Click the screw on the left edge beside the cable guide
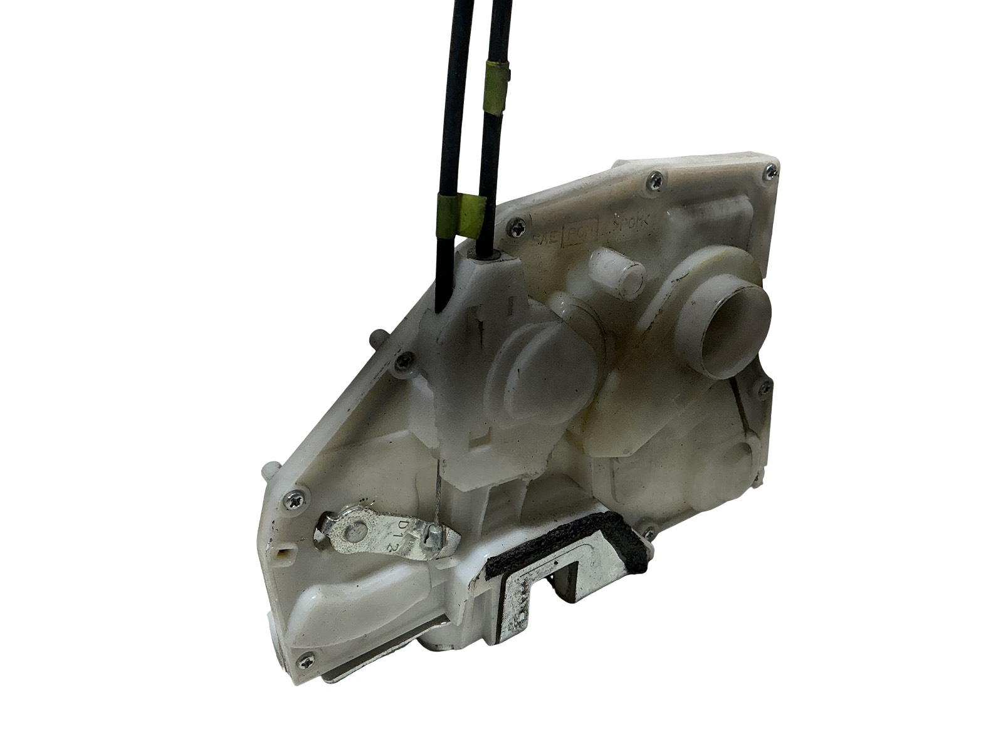[401, 360]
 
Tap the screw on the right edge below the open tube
[763, 389]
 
